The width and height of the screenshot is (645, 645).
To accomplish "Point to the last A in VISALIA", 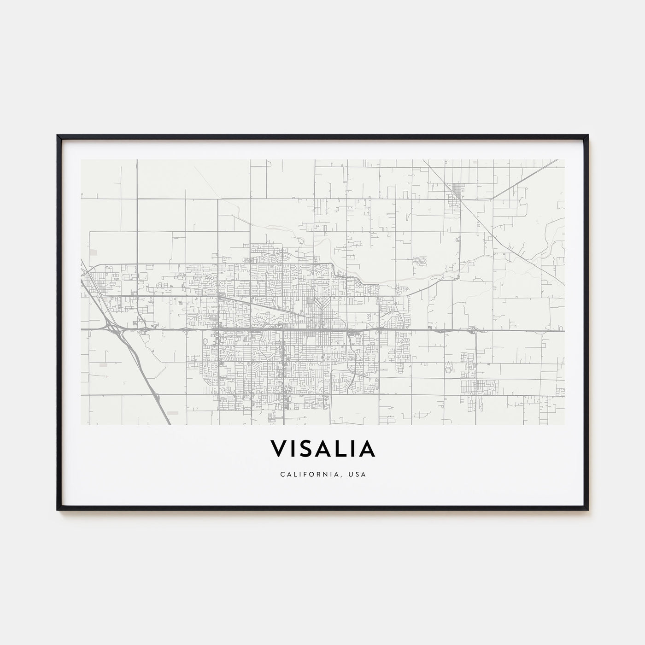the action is click(367, 448).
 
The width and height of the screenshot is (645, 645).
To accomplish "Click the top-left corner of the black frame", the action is click(58, 135).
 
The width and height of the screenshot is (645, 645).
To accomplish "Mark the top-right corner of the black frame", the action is click(588, 135).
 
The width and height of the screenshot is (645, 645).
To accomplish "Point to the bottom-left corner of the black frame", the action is click(58, 510).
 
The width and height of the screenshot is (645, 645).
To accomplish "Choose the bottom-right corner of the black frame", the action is click(588, 510).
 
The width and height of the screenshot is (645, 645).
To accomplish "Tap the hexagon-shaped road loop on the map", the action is click(447, 369).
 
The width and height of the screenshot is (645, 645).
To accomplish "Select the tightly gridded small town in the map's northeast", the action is click(457, 188).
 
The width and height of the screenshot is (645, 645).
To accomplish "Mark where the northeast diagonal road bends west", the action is click(492, 199).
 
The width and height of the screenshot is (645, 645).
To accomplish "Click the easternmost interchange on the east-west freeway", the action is click(472, 330).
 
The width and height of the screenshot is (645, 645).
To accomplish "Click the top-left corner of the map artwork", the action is click(81, 160).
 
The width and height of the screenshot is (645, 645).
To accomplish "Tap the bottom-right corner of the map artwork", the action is click(565, 424).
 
